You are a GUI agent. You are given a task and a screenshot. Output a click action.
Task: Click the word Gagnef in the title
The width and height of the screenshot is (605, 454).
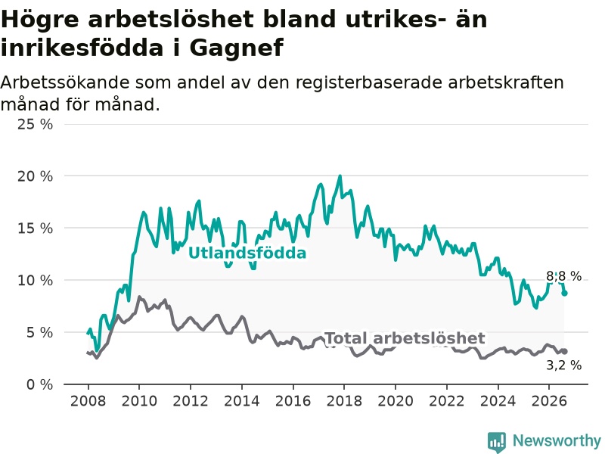(x=236, y=48)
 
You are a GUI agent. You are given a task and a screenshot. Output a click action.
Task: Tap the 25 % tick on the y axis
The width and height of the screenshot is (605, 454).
(x=35, y=124)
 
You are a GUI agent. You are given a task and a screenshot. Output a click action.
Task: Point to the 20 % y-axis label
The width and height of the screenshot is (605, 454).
(x=35, y=176)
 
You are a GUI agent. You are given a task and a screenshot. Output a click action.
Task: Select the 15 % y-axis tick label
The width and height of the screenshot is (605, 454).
(x=35, y=229)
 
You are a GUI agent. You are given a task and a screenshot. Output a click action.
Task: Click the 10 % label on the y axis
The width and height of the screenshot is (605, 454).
(x=35, y=280)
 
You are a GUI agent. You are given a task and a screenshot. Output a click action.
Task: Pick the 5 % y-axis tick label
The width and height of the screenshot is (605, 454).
(x=39, y=332)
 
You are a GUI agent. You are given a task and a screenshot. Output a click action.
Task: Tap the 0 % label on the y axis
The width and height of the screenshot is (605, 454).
(x=39, y=384)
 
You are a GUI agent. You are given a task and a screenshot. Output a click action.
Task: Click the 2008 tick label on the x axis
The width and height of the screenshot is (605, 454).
(x=88, y=401)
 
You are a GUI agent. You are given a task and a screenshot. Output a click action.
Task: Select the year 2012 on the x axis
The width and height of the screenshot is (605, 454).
(x=191, y=401)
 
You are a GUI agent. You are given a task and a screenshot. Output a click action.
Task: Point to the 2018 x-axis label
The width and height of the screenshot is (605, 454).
(x=344, y=401)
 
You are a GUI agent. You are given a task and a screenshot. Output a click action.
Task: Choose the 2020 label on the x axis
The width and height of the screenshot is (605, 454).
(x=396, y=401)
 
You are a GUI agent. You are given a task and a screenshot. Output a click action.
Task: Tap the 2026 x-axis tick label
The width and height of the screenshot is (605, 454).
(x=549, y=401)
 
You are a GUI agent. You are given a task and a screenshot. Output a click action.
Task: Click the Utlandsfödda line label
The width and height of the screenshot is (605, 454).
(x=247, y=253)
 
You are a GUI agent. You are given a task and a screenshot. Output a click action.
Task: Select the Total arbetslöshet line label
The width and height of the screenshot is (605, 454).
(x=405, y=338)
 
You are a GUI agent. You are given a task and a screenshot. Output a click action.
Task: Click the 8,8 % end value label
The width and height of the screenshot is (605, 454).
(x=563, y=276)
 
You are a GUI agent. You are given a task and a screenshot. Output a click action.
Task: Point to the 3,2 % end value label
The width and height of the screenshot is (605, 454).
(x=563, y=365)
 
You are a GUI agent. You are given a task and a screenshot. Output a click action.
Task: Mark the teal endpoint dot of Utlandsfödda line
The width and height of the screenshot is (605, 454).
(x=564, y=293)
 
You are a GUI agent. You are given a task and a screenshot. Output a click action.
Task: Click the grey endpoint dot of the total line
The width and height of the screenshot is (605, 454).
(x=564, y=351)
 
